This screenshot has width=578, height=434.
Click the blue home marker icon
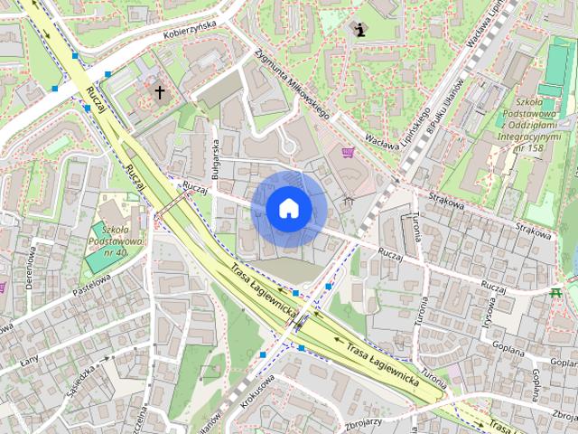click(x=288, y=208)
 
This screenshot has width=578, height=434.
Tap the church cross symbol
click(x=160, y=91)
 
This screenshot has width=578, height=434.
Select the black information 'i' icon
click(x=360, y=30)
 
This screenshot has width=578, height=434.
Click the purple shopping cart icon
click(x=348, y=152)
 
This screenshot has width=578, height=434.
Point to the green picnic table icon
click(x=556, y=292)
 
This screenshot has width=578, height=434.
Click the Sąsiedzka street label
click(x=79, y=373)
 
